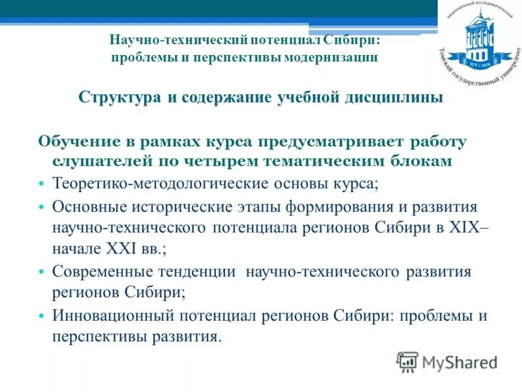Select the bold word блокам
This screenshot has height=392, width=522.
click(417, 160)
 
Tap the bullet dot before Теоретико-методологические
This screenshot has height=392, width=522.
click(41, 183)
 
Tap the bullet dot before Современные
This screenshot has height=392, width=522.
click(41, 271)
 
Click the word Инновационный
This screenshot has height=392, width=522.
click(109, 316)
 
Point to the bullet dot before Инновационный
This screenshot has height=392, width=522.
click(41, 316)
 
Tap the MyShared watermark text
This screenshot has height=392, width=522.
click(459, 361)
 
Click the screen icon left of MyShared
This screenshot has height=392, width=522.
click(407, 361)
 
